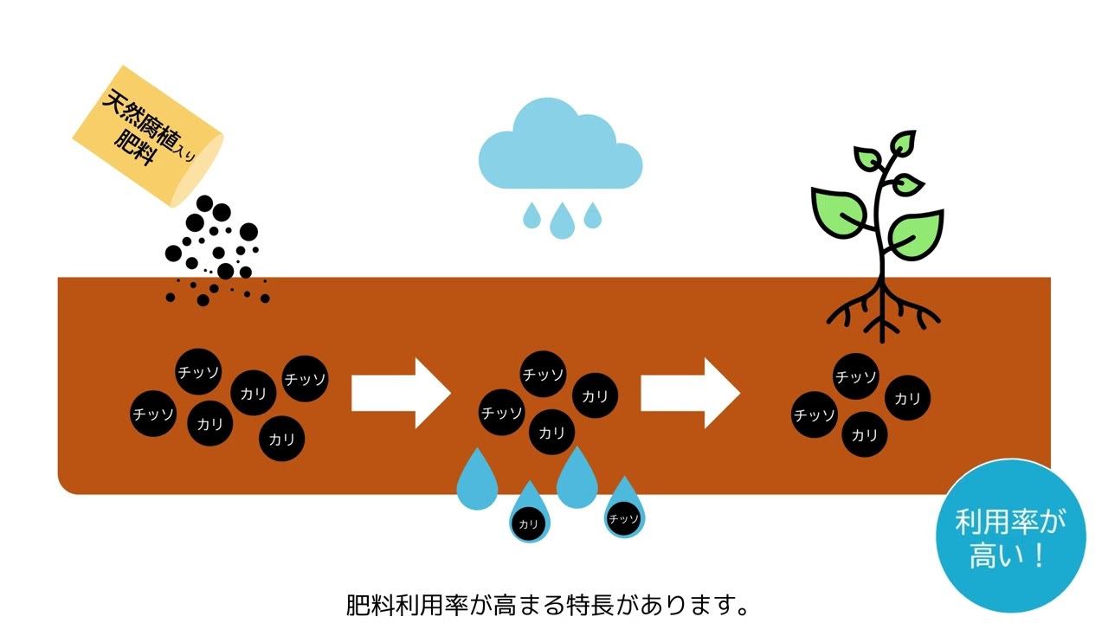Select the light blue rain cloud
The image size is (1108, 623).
[560, 147]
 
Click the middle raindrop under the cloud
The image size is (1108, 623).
[562, 222]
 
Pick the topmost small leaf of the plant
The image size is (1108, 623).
[904, 144]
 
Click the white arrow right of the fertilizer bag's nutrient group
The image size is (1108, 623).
[401, 393]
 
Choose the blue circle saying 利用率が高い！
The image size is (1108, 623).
[1010, 535]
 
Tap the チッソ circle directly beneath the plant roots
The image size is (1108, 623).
[856, 376]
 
